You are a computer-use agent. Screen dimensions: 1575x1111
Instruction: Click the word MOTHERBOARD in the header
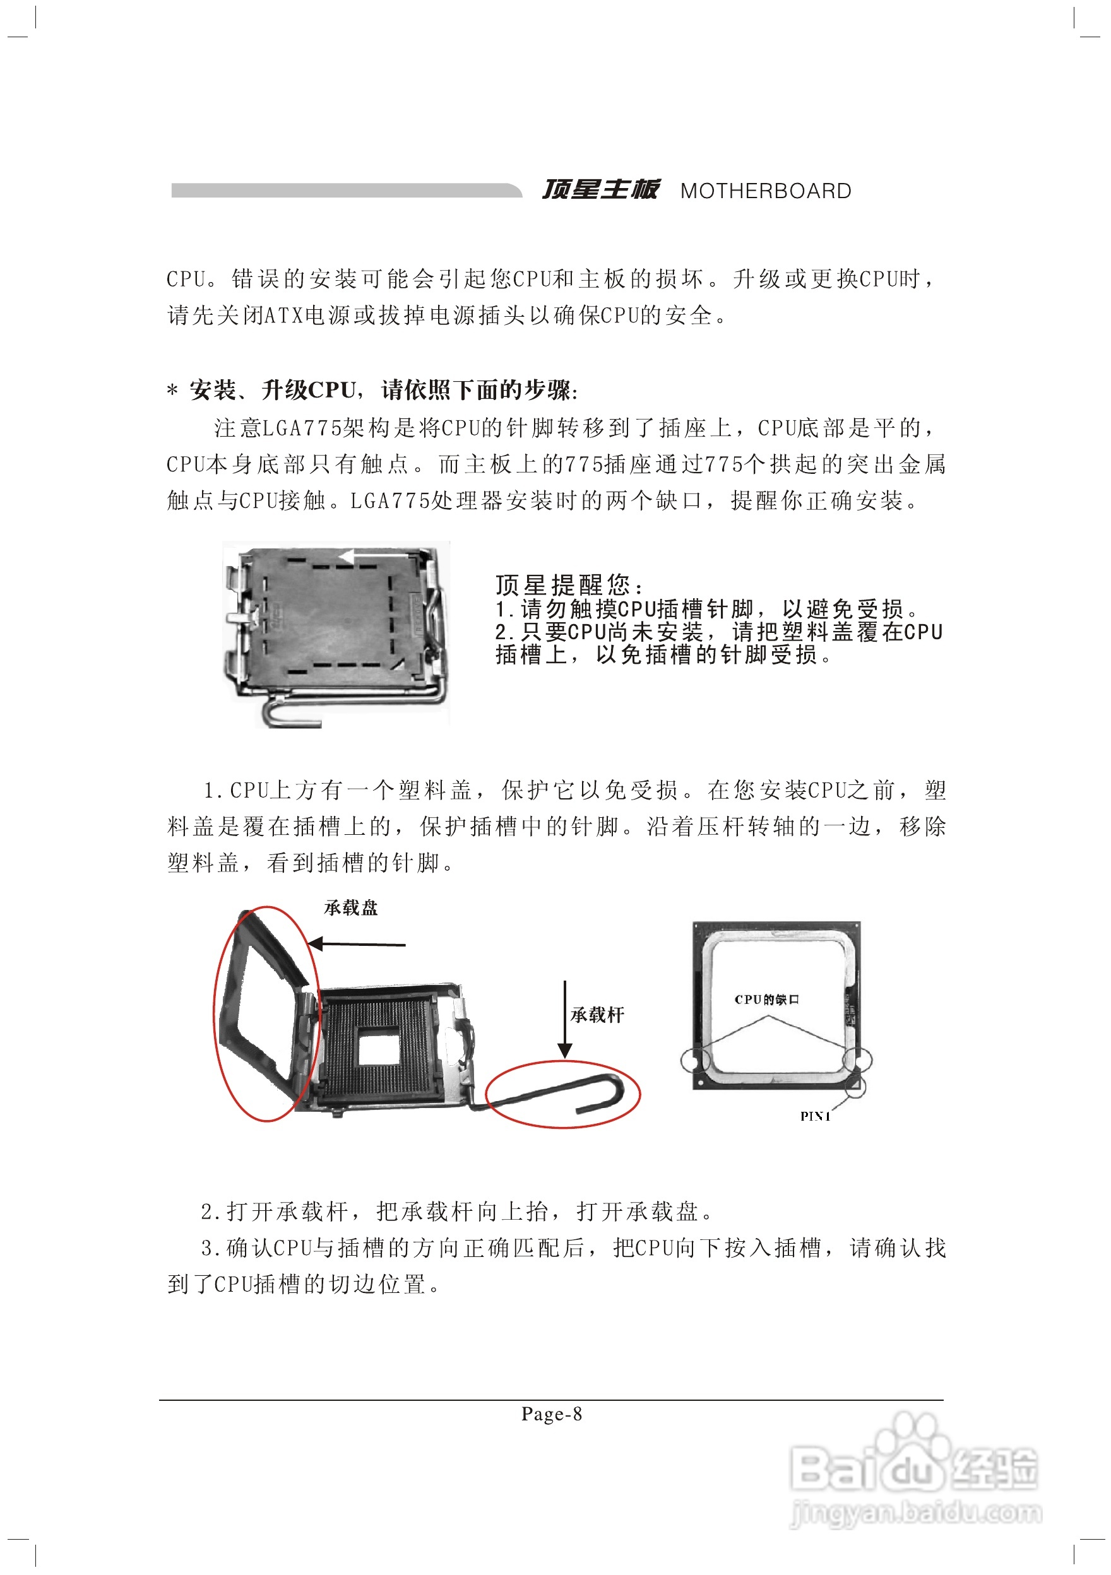click(765, 191)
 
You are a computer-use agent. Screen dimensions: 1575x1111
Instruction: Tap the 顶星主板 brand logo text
click(600, 189)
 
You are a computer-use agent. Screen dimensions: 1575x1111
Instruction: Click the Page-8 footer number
click(551, 1414)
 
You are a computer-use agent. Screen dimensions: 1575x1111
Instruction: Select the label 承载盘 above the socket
click(351, 908)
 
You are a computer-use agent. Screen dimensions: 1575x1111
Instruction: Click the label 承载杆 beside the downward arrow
click(597, 1015)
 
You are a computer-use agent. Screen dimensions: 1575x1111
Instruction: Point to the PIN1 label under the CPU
click(815, 1116)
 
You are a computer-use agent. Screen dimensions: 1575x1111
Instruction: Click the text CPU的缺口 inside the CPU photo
click(766, 1000)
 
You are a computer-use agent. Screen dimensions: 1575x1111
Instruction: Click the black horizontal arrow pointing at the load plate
click(357, 945)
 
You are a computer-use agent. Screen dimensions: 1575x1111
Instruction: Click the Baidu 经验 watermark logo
click(913, 1468)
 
